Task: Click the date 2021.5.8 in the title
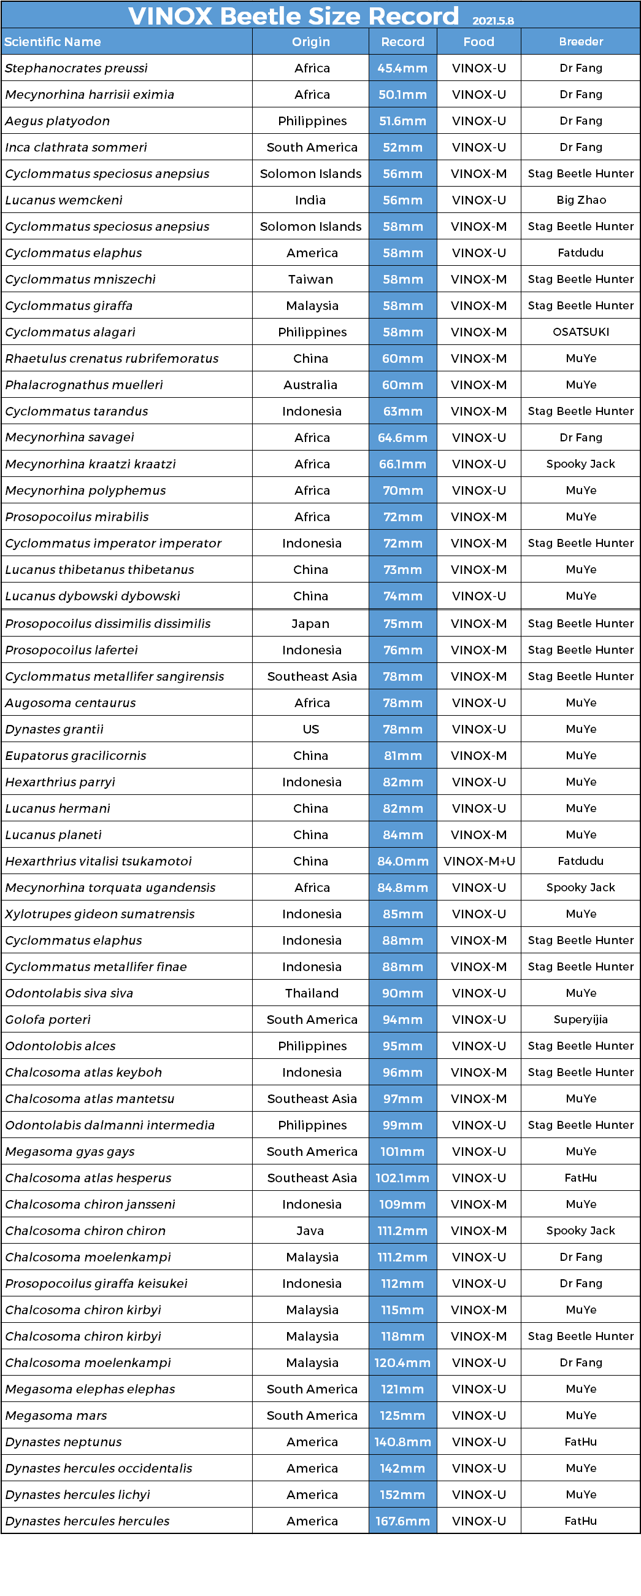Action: coord(493,20)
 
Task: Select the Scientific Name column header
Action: coord(53,42)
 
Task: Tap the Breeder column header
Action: coord(580,42)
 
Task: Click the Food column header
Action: coord(478,42)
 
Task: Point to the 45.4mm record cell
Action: coord(402,68)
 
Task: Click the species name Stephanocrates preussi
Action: coord(76,68)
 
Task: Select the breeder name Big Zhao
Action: coord(581,200)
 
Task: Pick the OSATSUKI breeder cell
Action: coord(581,332)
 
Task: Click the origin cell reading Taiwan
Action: coord(310,279)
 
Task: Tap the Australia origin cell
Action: coord(310,385)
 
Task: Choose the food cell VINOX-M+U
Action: coord(478,861)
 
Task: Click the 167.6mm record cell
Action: coord(402,1521)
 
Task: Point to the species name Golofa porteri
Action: coord(48,1020)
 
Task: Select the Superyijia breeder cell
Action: coord(581,1020)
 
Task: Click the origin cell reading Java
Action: coord(310,1231)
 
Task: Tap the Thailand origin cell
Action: coord(312,993)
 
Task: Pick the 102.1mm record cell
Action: coord(402,1179)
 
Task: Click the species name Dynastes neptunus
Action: coord(63,1442)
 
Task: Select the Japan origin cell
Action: coord(310,624)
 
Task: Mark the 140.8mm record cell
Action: coord(402,1442)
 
